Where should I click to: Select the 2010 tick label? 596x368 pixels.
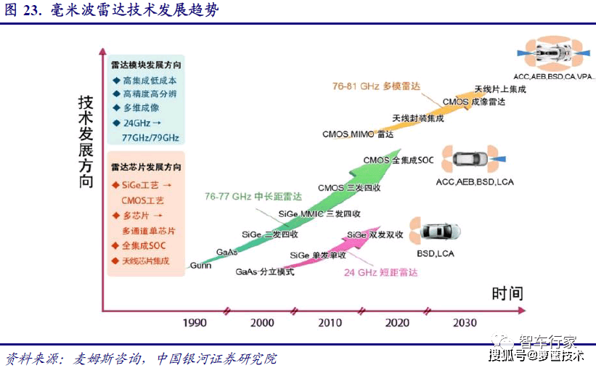[330, 323]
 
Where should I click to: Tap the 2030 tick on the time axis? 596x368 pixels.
[465, 323]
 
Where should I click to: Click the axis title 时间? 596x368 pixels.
[507, 294]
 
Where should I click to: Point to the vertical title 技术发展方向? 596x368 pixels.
[86, 142]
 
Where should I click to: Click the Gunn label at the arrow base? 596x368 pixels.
[200, 266]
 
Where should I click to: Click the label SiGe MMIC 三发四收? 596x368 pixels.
[319, 214]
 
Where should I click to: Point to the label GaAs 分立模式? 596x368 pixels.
[265, 272]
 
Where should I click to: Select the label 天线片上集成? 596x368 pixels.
[500, 89]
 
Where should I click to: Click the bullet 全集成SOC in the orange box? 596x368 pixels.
[145, 245]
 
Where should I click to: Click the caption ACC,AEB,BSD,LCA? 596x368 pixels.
[475, 181]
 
